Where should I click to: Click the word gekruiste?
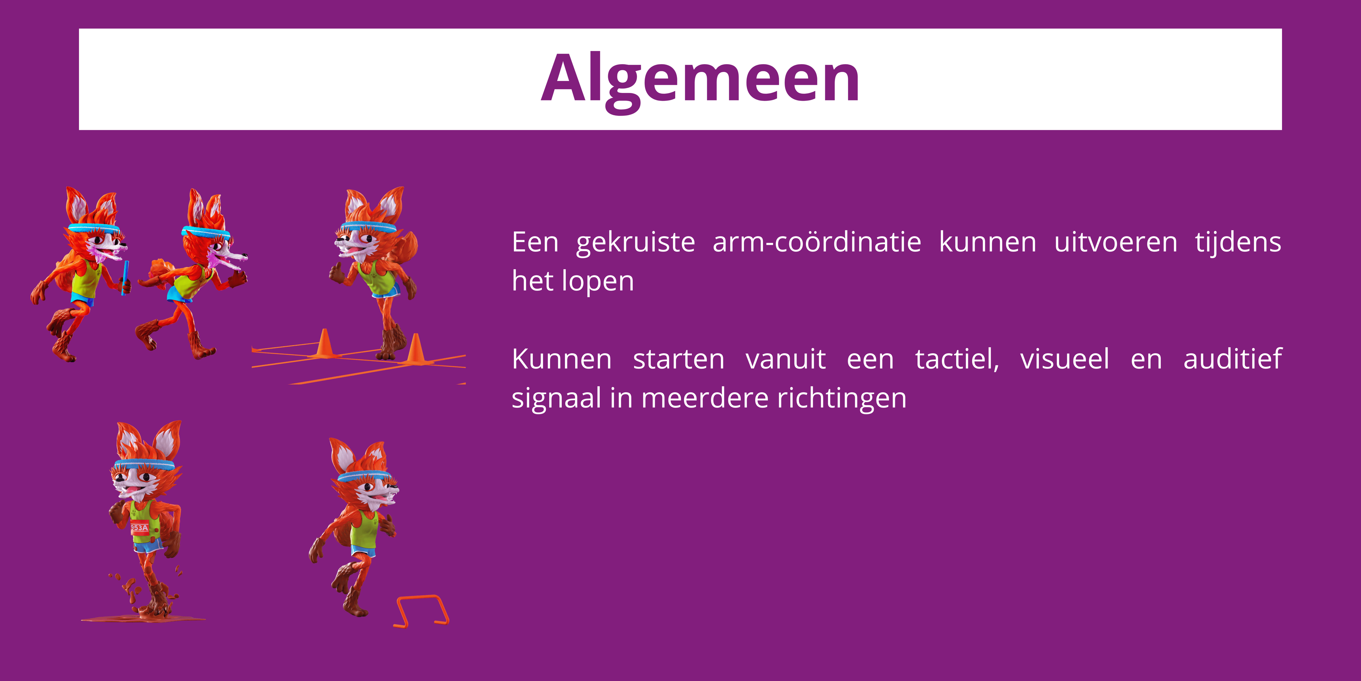(635, 243)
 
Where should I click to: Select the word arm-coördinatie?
(816, 243)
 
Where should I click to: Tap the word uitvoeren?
(1115, 243)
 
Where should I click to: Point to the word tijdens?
(1238, 243)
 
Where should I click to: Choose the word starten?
(678, 360)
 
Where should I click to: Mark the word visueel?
(1064, 360)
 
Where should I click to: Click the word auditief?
(1232, 360)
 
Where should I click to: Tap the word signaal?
(556, 398)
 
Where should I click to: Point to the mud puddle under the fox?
(142, 617)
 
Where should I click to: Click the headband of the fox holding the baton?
(94, 229)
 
